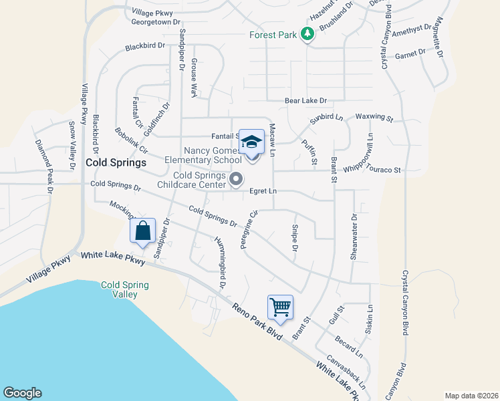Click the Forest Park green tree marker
307,34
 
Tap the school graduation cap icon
251,142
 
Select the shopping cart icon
281,307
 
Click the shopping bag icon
143,231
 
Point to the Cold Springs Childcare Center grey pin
235,179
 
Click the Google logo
22,393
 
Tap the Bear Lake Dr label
305,101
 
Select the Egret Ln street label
263,191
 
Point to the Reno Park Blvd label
257,323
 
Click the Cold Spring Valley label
124,289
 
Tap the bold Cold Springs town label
116,162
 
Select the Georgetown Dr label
156,21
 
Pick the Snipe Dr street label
294,239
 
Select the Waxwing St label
374,117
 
